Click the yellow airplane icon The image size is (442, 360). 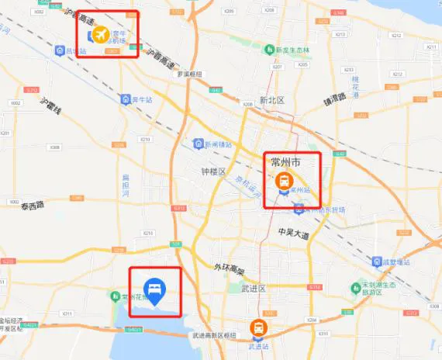[x=100, y=35]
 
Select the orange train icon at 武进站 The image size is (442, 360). [x=258, y=328]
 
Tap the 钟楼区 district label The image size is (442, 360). [x=212, y=171]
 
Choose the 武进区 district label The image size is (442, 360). [x=253, y=289]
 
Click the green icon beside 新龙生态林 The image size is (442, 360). [x=270, y=50]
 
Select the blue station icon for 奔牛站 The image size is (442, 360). [x=125, y=99]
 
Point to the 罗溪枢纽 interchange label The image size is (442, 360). [x=189, y=74]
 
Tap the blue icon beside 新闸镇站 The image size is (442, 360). [x=198, y=144]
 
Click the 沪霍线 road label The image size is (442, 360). [x=51, y=108]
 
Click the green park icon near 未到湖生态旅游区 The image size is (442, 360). [x=357, y=287]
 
